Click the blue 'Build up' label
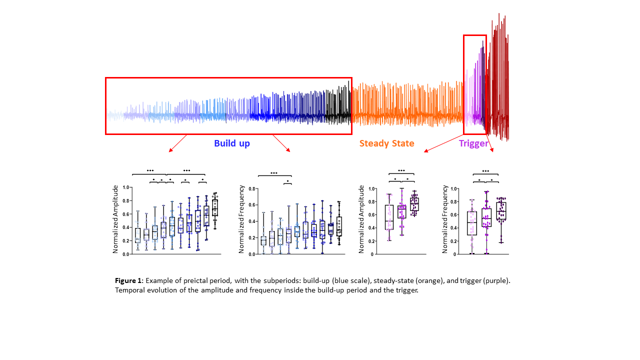coord(232,143)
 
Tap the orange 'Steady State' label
coord(386,143)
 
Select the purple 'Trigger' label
coord(473,143)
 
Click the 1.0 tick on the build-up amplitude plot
coord(127,187)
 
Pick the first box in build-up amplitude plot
coord(137,235)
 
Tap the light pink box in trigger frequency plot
coord(471,223)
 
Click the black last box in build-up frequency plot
coord(339,226)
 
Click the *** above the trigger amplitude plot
coord(401,171)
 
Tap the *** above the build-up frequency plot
coord(274,173)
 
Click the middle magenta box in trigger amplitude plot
coord(401,211)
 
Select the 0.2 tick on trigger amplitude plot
coord(371,241)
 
